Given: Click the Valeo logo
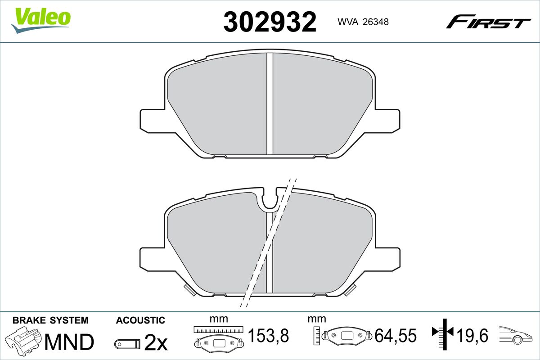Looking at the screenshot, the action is [41, 20].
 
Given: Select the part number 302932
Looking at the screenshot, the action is [270, 22].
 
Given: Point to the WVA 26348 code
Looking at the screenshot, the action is [363, 22].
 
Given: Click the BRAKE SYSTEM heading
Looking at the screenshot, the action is [50, 320].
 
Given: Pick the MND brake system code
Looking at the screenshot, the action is [69, 342].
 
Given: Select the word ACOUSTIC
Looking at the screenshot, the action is [140, 320].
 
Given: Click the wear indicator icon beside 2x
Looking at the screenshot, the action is [127, 344].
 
